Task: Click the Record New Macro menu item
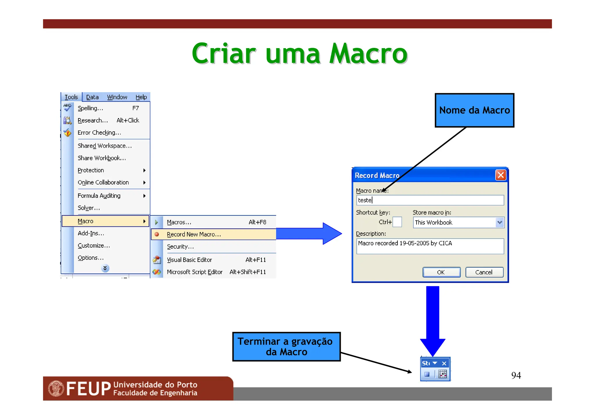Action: [194, 234]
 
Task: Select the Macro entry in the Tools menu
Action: [85, 221]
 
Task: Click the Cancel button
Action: [484, 272]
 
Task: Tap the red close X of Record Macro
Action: [501, 175]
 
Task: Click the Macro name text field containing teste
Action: [430, 200]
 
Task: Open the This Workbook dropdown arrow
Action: [499, 223]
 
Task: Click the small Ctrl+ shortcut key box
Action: [397, 222]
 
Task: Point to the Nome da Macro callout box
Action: [474, 110]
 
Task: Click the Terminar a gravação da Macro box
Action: [286, 347]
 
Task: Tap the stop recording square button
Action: [427, 374]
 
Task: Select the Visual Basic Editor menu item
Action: [189, 260]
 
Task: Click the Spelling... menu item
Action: [90, 108]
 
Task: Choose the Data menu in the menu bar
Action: [92, 97]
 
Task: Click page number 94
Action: [516, 375]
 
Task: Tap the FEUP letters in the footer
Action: [89, 388]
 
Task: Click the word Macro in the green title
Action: [368, 54]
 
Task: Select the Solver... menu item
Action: [89, 208]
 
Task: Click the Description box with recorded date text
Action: [430, 246]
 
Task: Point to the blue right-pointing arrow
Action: [309, 234]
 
